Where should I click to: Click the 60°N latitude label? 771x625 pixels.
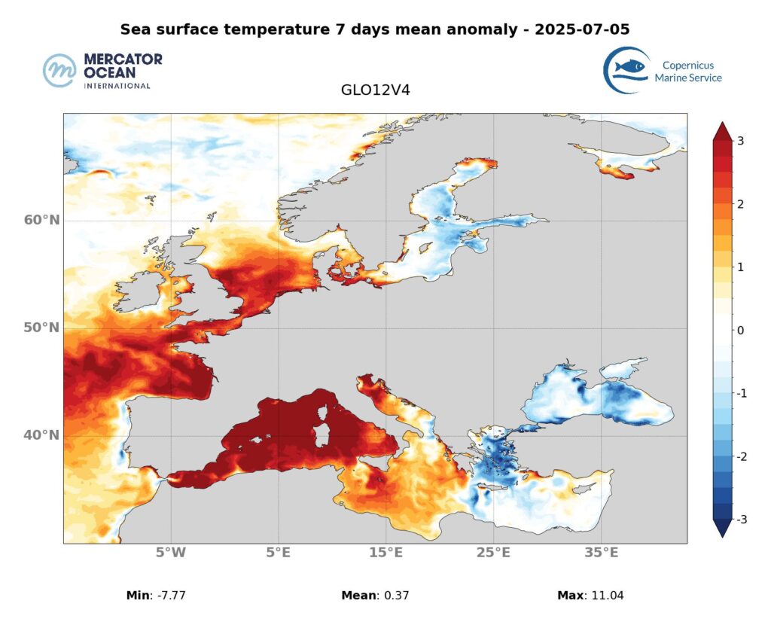tap(42, 220)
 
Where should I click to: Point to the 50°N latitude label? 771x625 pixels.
tap(42, 328)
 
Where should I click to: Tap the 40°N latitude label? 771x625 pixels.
tap(42, 435)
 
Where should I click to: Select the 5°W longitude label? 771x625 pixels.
tap(171, 553)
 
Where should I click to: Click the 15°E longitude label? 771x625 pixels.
tap(385, 553)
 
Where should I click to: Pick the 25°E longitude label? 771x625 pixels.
tap(493, 553)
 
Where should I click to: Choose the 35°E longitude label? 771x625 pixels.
tap(601, 553)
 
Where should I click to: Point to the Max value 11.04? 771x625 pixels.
tap(607, 596)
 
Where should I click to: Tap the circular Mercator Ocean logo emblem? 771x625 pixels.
tap(60, 71)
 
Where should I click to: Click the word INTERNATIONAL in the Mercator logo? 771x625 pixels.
tap(117, 86)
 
